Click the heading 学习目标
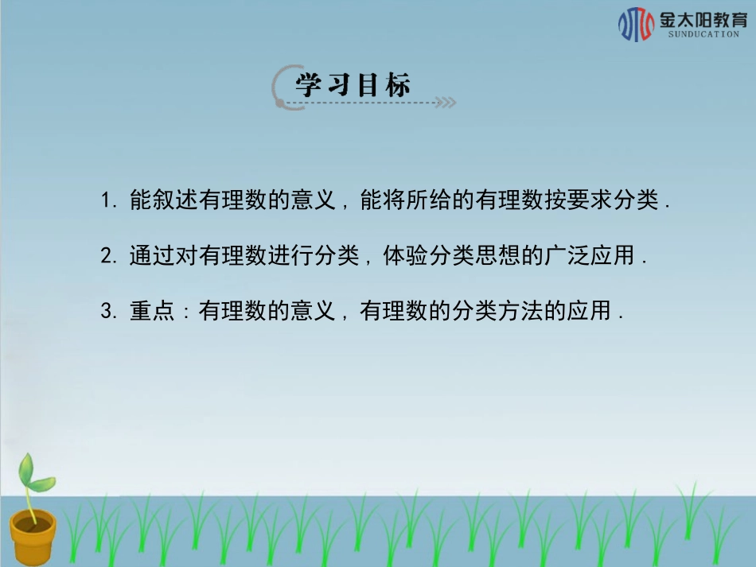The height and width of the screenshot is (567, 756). [353, 85]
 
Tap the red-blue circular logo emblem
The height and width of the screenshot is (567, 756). [636, 24]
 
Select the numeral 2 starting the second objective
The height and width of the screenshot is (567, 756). [106, 256]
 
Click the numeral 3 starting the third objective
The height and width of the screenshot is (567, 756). [106, 312]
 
